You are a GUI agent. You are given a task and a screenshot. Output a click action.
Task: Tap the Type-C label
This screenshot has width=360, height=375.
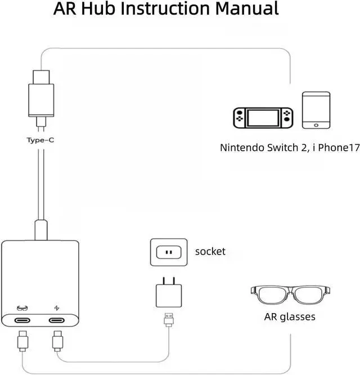click(40, 140)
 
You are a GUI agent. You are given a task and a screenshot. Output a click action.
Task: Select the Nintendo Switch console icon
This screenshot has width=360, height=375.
click(263, 117)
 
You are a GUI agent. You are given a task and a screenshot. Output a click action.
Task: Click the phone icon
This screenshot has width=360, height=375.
click(316, 110)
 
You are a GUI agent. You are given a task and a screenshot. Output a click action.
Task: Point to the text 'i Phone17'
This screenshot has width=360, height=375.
click(333, 149)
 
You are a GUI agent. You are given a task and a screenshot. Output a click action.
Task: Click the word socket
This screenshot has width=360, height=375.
click(210, 251)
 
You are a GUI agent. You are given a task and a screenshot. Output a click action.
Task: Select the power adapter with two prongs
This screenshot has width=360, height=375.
click(168, 294)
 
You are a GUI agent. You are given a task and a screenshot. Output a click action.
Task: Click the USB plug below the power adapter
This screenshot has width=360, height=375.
click(169, 320)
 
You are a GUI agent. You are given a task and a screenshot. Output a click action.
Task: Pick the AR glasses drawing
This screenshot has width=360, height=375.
click(290, 297)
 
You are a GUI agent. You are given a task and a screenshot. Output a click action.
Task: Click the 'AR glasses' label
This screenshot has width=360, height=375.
click(290, 316)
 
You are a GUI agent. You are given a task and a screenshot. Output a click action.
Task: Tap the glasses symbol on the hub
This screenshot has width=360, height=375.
click(22, 307)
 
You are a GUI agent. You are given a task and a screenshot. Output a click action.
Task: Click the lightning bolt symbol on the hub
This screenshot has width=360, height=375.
click(56, 307)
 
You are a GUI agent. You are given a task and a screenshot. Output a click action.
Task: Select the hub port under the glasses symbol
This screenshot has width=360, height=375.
click(24, 321)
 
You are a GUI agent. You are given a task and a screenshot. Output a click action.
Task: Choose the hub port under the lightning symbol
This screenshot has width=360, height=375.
click(57, 321)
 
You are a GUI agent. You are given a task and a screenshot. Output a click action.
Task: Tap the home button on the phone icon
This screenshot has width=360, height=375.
click(316, 124)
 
